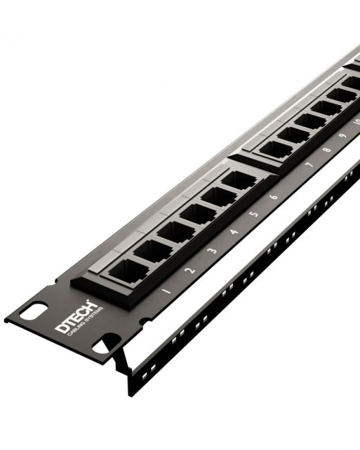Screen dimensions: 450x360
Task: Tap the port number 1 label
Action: (x=166, y=291)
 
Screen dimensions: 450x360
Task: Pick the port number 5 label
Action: (x=254, y=214)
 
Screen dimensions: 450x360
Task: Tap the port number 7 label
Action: (x=308, y=165)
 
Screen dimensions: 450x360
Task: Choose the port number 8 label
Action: (x=326, y=149)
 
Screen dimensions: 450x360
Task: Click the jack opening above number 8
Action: (x=295, y=134)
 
